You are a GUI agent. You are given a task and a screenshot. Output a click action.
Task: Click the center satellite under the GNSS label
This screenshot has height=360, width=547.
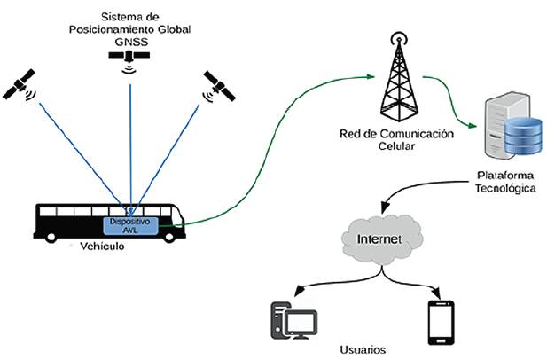(x=129, y=56)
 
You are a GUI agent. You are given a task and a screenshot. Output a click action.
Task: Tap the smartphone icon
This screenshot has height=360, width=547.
(x=441, y=322)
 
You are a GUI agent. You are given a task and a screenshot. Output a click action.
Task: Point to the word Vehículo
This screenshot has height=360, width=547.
(x=102, y=246)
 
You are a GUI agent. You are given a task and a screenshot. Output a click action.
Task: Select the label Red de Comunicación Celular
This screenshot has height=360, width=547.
(x=396, y=139)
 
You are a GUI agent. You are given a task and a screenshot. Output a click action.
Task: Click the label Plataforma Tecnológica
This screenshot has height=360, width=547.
(x=503, y=182)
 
